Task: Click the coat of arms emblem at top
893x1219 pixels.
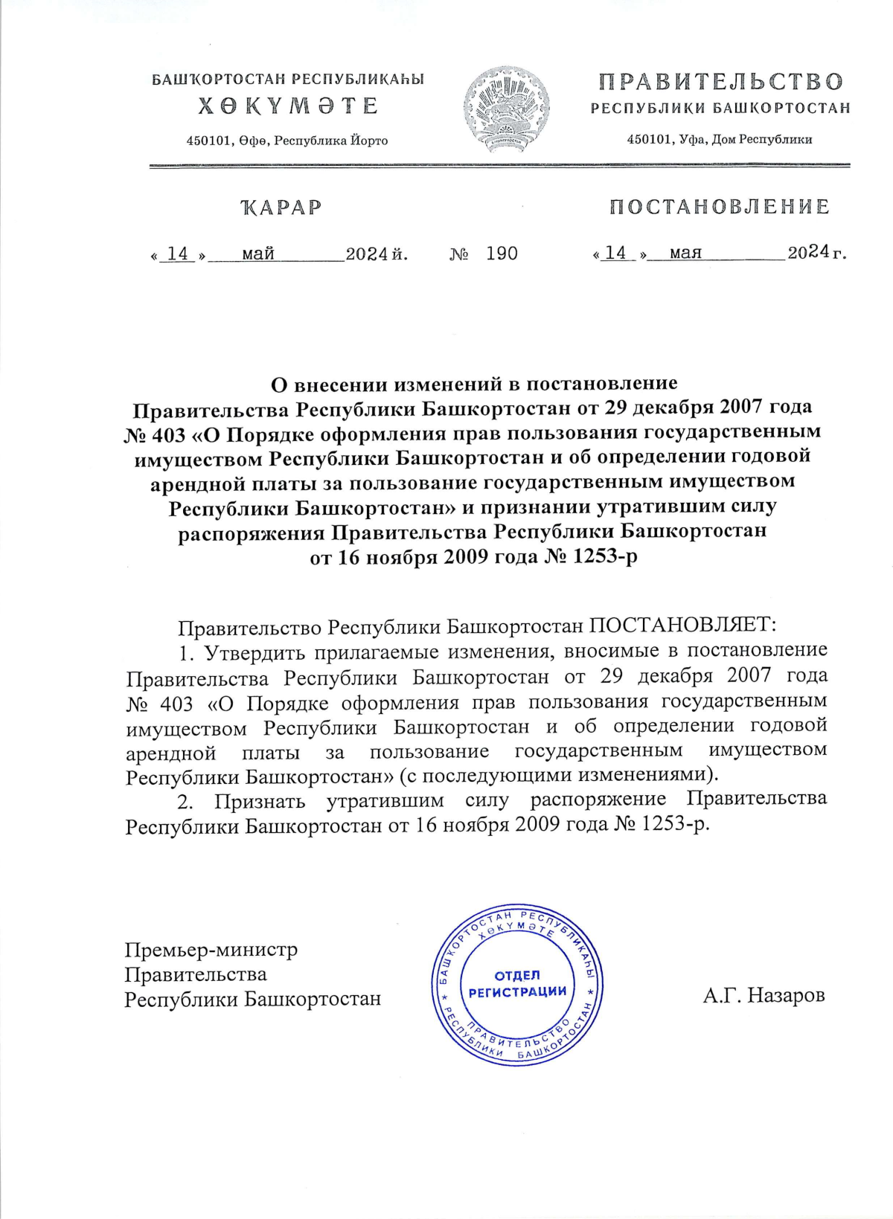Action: click(507, 109)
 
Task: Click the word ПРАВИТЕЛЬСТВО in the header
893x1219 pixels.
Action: click(720, 81)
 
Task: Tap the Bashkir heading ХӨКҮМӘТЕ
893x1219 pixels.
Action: click(288, 106)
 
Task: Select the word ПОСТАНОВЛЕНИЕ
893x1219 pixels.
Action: click(719, 207)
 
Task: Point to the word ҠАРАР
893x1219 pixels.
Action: click(281, 208)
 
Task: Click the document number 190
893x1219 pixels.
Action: click(502, 254)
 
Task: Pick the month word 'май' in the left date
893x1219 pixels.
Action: click(258, 254)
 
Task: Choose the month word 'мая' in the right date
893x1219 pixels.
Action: click(685, 253)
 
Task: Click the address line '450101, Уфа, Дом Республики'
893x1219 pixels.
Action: click(720, 139)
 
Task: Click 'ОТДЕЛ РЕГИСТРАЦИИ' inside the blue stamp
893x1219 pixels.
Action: click(517, 983)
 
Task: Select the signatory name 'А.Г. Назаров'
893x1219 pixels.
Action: click(764, 995)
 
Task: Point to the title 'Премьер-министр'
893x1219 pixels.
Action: click(211, 950)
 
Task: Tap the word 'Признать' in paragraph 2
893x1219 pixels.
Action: click(260, 801)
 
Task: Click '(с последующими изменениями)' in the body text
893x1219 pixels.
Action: click(560, 775)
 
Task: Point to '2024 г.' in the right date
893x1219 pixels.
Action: click(816, 253)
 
